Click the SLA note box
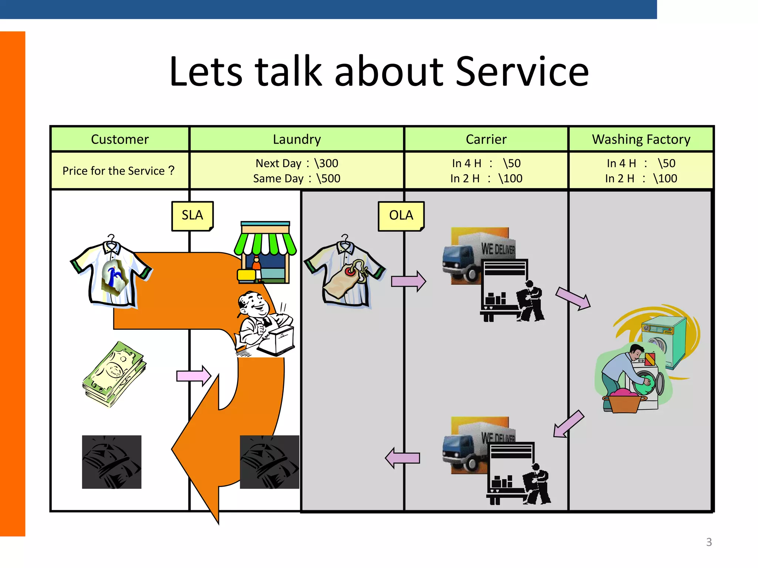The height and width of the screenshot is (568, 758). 192,216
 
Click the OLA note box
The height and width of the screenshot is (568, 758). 401,216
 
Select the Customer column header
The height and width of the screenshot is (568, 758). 120,139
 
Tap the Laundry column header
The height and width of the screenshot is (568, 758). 296,139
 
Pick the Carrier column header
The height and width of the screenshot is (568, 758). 486,139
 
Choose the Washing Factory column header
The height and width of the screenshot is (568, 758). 641,139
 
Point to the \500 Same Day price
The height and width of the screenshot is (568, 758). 328,179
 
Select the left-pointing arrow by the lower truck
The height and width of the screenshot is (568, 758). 403,458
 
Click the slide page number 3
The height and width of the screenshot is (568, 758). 709,542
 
